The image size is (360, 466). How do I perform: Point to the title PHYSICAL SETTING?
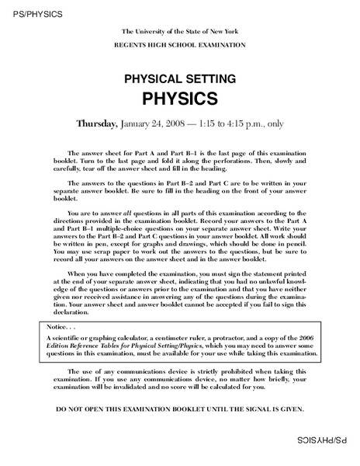point(179,79)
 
